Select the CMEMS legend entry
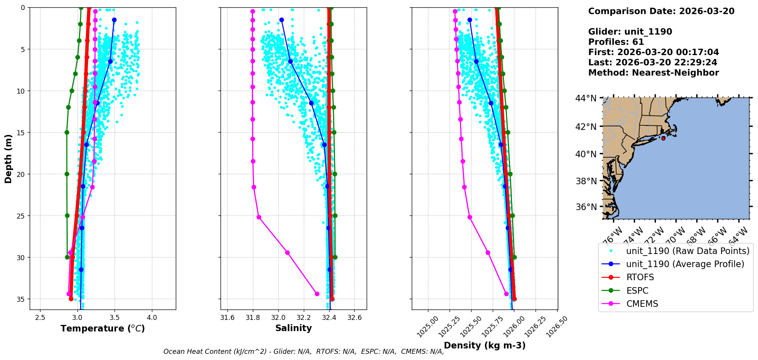pos(642,304)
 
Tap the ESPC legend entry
pos(637,291)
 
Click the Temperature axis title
pos(103,328)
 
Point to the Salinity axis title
pos(293,328)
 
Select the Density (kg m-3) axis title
pos(485,345)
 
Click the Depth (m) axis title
pos(8,158)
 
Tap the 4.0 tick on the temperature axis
pos(152,317)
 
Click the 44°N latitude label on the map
pos(586,99)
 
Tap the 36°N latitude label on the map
pos(586,207)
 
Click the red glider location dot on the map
pos(663,138)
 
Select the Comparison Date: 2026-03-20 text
pos(661,11)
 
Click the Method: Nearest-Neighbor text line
pos(654,73)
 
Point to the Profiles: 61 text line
pos(616,42)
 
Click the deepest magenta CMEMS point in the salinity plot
pos(317,294)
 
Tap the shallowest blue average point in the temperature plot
pos(114,20)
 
